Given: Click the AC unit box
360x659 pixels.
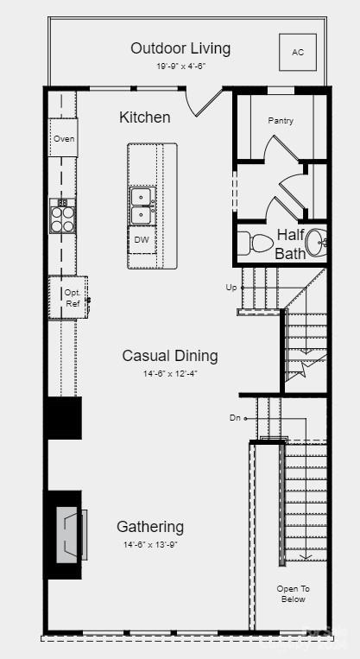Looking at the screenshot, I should click(298, 53).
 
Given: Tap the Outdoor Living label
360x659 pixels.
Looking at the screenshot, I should click(180, 48).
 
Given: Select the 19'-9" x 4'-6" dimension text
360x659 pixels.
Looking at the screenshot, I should click(180, 66).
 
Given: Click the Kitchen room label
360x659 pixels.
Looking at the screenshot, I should click(144, 117).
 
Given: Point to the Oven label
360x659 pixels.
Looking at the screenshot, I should click(64, 139).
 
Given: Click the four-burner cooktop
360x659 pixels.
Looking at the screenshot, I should click(62, 215).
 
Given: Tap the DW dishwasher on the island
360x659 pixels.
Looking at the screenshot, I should click(141, 241).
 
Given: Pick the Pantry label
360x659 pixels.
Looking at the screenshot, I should click(280, 121).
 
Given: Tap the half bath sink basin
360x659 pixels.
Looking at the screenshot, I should click(318, 243).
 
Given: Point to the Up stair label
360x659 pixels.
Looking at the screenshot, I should click(231, 287).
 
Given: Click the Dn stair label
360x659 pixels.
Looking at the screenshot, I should click(234, 418).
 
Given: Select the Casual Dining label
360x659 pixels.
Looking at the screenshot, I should click(169, 356).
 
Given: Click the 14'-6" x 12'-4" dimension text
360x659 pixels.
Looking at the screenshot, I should click(169, 373).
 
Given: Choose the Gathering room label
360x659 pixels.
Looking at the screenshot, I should click(150, 527).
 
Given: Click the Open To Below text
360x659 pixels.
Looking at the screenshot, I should click(293, 593).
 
